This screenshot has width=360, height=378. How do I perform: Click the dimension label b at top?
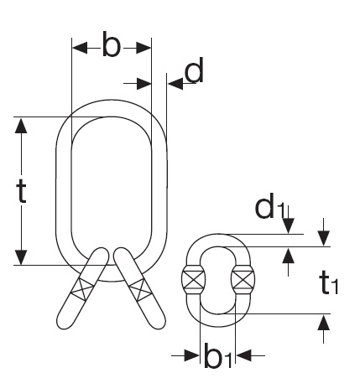pos(112,44)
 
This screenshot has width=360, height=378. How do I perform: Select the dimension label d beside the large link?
pos(194,70)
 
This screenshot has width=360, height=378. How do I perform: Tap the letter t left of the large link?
pos(22,191)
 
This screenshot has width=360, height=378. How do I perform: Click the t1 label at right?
pos(329,282)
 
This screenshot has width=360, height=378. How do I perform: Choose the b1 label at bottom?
pos(218,355)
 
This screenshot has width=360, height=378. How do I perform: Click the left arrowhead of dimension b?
pos(80,48)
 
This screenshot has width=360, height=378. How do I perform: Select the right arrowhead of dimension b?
pos(143,48)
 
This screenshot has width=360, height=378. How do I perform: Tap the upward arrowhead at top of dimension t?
pos(21,126)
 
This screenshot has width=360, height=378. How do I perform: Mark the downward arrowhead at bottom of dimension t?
pos(21,257)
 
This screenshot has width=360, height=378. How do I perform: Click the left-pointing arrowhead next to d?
pos(175,83)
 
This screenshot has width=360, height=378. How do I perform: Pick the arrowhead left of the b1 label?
pos(192,355)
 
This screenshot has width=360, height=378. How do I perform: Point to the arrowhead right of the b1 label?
pos(244,355)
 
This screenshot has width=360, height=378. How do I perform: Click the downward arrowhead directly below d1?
pos(289,226)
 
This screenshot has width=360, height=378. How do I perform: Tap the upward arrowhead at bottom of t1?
pos(324,322)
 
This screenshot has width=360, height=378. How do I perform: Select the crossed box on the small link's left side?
pos(193,280)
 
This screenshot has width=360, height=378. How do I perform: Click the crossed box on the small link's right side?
pos(243,280)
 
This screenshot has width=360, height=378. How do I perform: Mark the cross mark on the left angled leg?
pos(82,289)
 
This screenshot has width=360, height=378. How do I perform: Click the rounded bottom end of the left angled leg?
pos(63,324)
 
